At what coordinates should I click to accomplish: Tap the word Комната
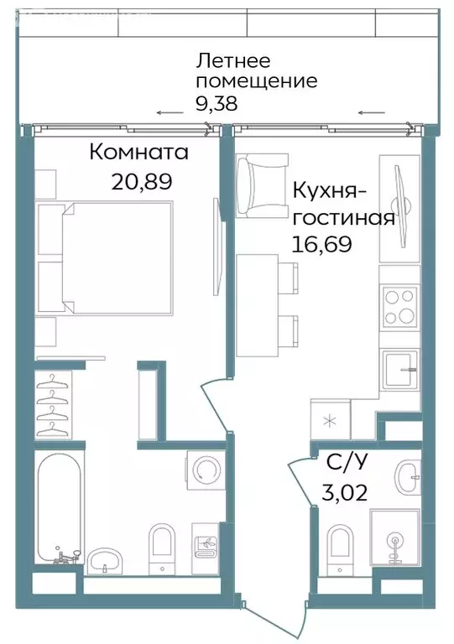coord(138,153)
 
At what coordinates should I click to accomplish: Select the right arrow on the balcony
coord(372,113)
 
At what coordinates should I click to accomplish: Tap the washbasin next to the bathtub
coord(106,559)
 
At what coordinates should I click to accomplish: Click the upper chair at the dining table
coord(289,278)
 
